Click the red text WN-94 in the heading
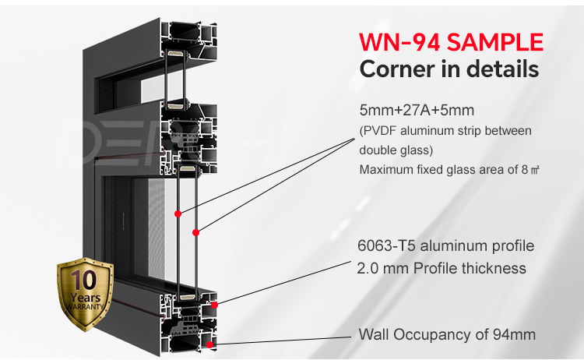(400, 42)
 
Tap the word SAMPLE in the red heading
(495, 42)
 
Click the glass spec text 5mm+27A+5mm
(417, 111)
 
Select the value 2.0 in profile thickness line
(365, 268)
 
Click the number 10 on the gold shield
(84, 280)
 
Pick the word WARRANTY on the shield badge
(85, 307)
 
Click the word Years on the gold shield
(86, 298)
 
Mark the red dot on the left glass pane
(178, 214)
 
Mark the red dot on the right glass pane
(195, 232)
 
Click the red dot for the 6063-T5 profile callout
(214, 305)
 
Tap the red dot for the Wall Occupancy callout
(209, 344)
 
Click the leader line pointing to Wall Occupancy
(280, 341)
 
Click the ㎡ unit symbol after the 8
(534, 171)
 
